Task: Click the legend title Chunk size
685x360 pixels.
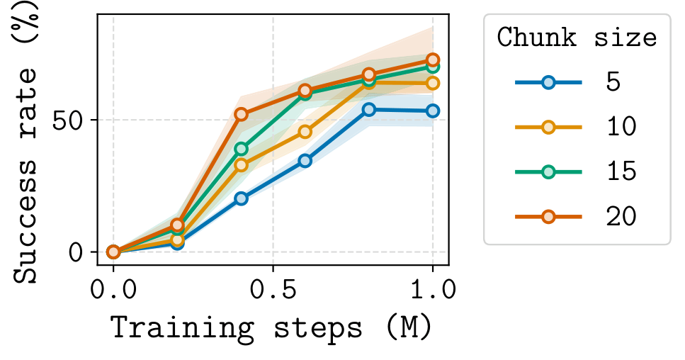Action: pyautogui.click(x=577, y=37)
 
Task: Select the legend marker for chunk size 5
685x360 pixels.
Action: pyautogui.click(x=548, y=82)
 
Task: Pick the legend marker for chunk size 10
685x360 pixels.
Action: pyautogui.click(x=548, y=127)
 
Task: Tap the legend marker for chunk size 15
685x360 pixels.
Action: pyautogui.click(x=548, y=171)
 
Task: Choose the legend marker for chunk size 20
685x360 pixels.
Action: pyautogui.click(x=548, y=216)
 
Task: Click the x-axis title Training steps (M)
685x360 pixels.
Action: pyautogui.click(x=271, y=327)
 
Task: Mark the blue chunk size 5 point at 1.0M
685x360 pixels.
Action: pyautogui.click(x=432, y=111)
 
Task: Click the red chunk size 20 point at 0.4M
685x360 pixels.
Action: pyautogui.click(x=241, y=114)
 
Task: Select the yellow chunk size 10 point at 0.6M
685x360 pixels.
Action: pyautogui.click(x=305, y=131)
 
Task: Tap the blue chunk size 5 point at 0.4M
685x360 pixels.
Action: pyautogui.click(x=241, y=198)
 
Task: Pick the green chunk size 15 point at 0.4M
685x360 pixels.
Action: pyautogui.click(x=241, y=149)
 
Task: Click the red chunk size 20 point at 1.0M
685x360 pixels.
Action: pyautogui.click(x=432, y=60)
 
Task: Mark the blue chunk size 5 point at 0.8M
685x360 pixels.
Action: pyautogui.click(x=368, y=109)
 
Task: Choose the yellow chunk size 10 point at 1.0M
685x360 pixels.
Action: pyautogui.click(x=432, y=83)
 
